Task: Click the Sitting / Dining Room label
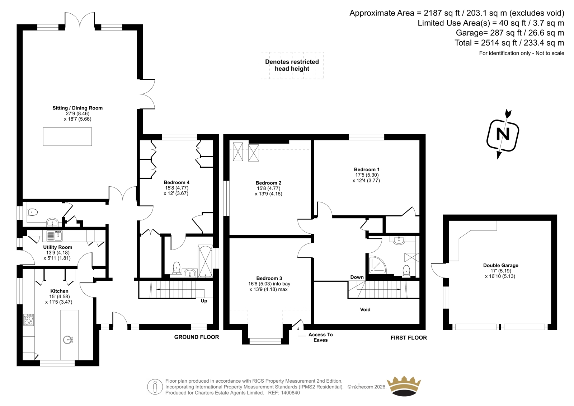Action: tap(77, 108)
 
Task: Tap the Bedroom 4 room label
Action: tap(177, 182)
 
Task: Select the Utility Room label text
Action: tap(58, 247)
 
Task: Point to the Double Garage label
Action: tap(501, 265)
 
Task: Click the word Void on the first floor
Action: tap(365, 309)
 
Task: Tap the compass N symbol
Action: tap(503, 135)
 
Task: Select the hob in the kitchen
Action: tap(29, 319)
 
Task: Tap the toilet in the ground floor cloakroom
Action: tap(32, 213)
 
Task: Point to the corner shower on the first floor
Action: tap(377, 264)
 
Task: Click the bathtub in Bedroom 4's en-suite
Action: tap(205, 261)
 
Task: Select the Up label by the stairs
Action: tap(204, 301)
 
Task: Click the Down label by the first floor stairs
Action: tap(357, 277)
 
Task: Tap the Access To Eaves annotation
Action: tap(321, 337)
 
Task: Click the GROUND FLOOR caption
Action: tap(197, 337)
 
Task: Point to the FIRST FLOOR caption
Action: tap(409, 338)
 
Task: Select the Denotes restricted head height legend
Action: tap(292, 65)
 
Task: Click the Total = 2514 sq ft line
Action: tap(509, 43)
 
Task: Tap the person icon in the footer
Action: tap(155, 387)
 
